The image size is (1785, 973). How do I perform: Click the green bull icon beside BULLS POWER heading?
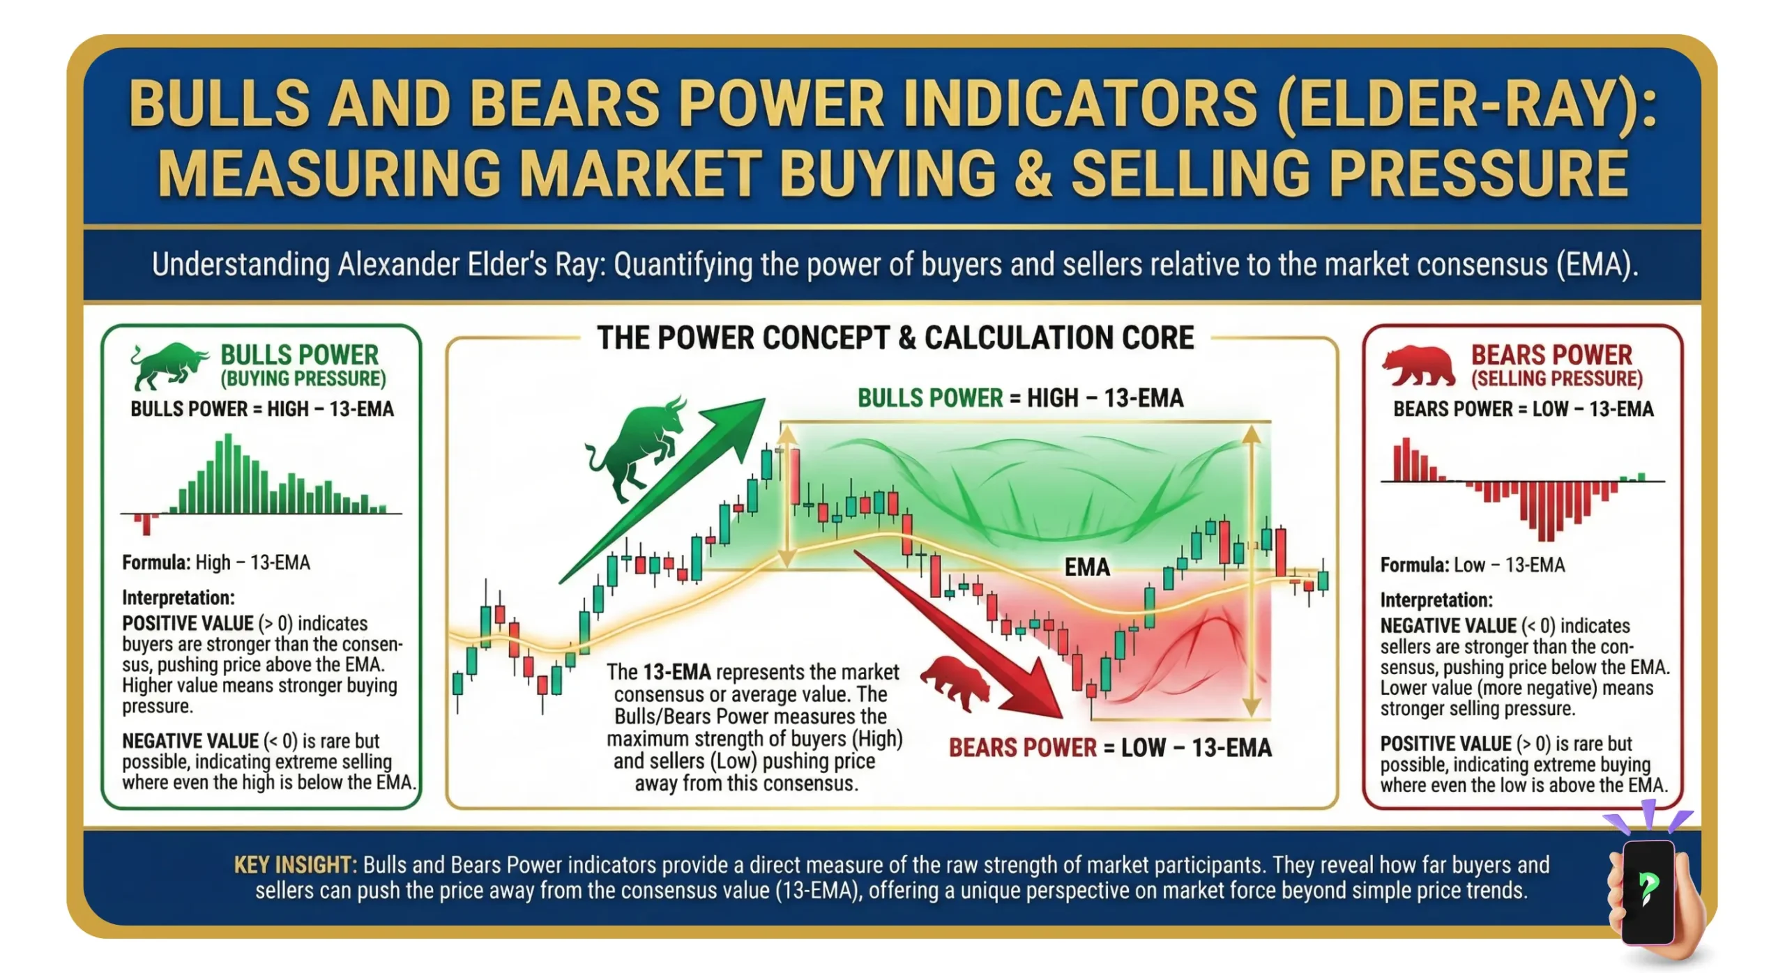[x=167, y=365]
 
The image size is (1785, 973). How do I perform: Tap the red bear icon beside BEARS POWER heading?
[x=1418, y=367]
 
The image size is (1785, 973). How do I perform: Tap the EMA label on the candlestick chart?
[x=1087, y=567]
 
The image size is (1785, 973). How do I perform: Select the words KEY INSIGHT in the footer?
[x=295, y=865]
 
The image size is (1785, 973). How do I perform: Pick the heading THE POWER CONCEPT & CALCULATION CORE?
[x=895, y=338]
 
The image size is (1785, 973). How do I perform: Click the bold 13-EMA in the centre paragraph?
[x=676, y=672]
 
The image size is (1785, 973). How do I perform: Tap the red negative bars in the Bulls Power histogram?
[x=144, y=523]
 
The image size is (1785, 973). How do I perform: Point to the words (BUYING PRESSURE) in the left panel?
[x=303, y=378]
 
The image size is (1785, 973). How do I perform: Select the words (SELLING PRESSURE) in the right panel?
[x=1557, y=378]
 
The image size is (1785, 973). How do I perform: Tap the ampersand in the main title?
[x=1032, y=174]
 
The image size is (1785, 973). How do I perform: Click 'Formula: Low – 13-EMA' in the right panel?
[x=1473, y=565]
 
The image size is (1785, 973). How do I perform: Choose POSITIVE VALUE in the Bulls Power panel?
[x=188, y=623]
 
